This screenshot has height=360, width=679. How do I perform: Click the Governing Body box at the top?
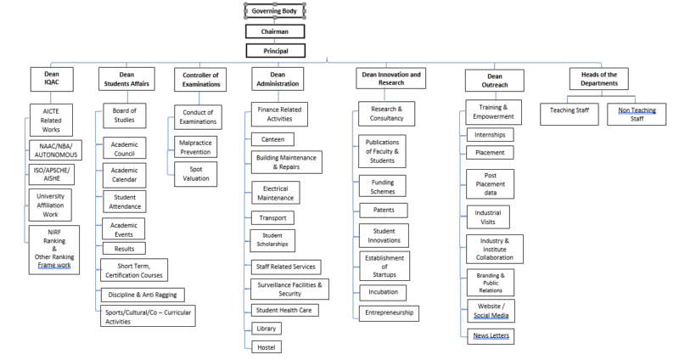274,11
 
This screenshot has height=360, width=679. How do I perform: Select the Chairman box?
274,31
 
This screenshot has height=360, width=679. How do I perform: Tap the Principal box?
274,51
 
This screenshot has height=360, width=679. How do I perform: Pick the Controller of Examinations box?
200,79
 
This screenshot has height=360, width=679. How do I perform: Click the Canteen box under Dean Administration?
273,138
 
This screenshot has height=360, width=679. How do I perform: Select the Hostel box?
267,346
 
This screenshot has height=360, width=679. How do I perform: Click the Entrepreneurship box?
389,313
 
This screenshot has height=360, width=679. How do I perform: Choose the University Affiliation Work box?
57,204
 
